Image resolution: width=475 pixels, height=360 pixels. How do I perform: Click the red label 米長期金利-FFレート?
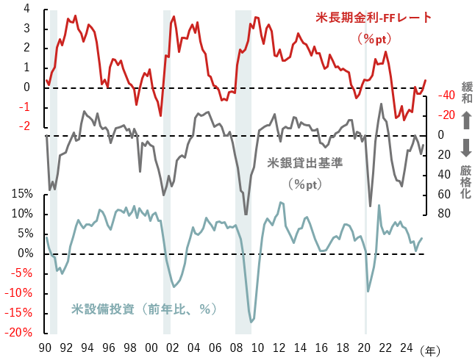[373, 17]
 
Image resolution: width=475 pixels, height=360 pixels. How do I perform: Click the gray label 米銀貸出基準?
[304, 163]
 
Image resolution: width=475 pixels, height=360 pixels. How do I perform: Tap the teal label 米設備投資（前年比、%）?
[143, 309]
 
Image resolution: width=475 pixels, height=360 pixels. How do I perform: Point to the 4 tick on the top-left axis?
[26, 9]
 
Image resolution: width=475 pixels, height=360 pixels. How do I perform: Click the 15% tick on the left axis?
[21, 194]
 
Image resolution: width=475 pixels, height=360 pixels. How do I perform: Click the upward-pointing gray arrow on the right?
[466, 120]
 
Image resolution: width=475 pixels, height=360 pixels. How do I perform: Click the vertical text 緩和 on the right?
[466, 93]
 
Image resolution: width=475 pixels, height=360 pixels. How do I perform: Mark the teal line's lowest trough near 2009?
[251, 322]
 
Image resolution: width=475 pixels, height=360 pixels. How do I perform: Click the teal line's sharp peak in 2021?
[379, 205]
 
